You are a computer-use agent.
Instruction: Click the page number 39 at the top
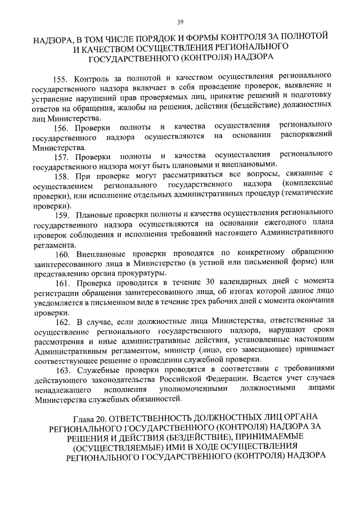pos(180,22)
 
